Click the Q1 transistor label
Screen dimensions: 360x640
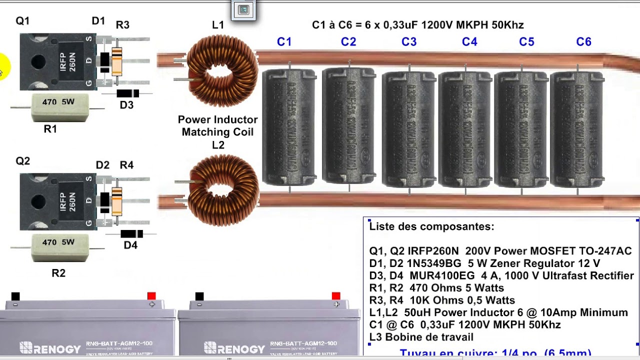(22, 21)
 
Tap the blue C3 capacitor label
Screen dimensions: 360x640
(408, 42)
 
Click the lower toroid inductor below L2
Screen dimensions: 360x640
(222, 190)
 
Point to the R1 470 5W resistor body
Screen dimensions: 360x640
(60, 106)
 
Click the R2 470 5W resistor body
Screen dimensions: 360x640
(60, 246)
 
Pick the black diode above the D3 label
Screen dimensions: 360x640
(127, 93)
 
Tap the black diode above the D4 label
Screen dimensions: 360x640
(131, 234)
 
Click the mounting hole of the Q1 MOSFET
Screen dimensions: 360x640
(38, 62)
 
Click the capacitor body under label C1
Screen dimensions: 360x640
(289, 127)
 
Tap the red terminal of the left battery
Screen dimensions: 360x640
(151, 296)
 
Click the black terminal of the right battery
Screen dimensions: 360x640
(199, 296)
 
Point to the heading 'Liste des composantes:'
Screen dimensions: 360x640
(431, 226)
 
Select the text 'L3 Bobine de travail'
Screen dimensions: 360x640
(421, 337)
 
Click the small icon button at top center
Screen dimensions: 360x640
(243, 10)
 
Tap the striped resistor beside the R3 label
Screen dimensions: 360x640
(117, 61)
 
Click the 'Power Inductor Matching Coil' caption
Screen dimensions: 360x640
(217, 126)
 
